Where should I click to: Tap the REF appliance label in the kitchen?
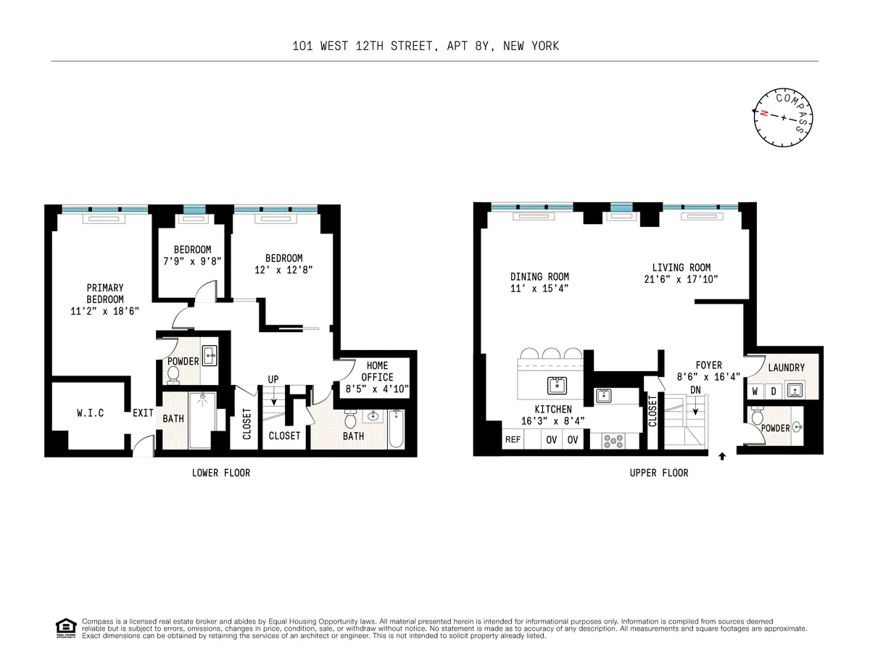pos(513,439)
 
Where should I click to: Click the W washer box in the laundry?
pos(755,391)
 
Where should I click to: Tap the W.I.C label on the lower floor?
pos(91,413)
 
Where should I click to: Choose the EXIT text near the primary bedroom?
pos(143,413)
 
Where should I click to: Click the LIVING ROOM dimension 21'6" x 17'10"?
pos(681,279)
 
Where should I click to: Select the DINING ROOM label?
pos(539,276)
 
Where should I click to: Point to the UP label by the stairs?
pos(273,379)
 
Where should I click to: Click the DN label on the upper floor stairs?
pos(695,390)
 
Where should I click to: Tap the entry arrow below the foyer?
pos(722,457)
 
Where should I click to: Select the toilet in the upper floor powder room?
pos(758,417)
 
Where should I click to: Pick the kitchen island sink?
pos(557,385)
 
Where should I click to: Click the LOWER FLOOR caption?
pos(221,473)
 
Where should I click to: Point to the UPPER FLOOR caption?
pos(659,473)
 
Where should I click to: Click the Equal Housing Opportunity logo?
pos(65,628)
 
